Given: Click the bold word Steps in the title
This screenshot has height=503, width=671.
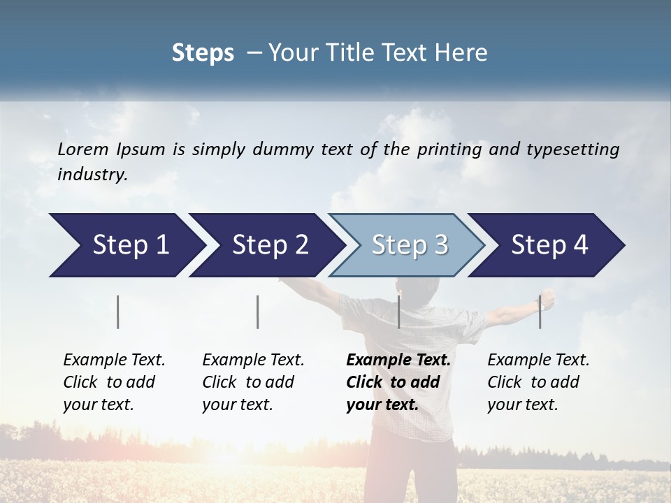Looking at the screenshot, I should click(203, 53).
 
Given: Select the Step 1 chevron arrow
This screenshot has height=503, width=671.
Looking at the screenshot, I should click(126, 245).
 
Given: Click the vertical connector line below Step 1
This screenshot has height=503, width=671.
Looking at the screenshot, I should click(118, 312).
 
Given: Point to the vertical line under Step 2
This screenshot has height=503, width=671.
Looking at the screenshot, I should click(258, 312).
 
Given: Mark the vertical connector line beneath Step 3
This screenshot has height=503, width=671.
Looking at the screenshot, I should click(398, 312).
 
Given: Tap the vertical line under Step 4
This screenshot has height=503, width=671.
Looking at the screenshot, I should click(540, 312).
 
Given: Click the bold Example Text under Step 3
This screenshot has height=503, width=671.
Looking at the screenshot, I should click(398, 382).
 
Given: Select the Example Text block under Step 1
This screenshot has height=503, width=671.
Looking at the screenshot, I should click(114, 382).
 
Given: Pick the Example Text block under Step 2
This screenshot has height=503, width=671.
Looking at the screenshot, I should click(253, 382).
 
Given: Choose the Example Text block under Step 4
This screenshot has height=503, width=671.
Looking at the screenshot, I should click(538, 382).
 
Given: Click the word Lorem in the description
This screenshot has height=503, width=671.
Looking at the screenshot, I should click(83, 150).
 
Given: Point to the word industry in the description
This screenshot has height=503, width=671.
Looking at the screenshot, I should click(92, 175).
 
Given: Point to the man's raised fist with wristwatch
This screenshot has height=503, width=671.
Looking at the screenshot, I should click(547, 299).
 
